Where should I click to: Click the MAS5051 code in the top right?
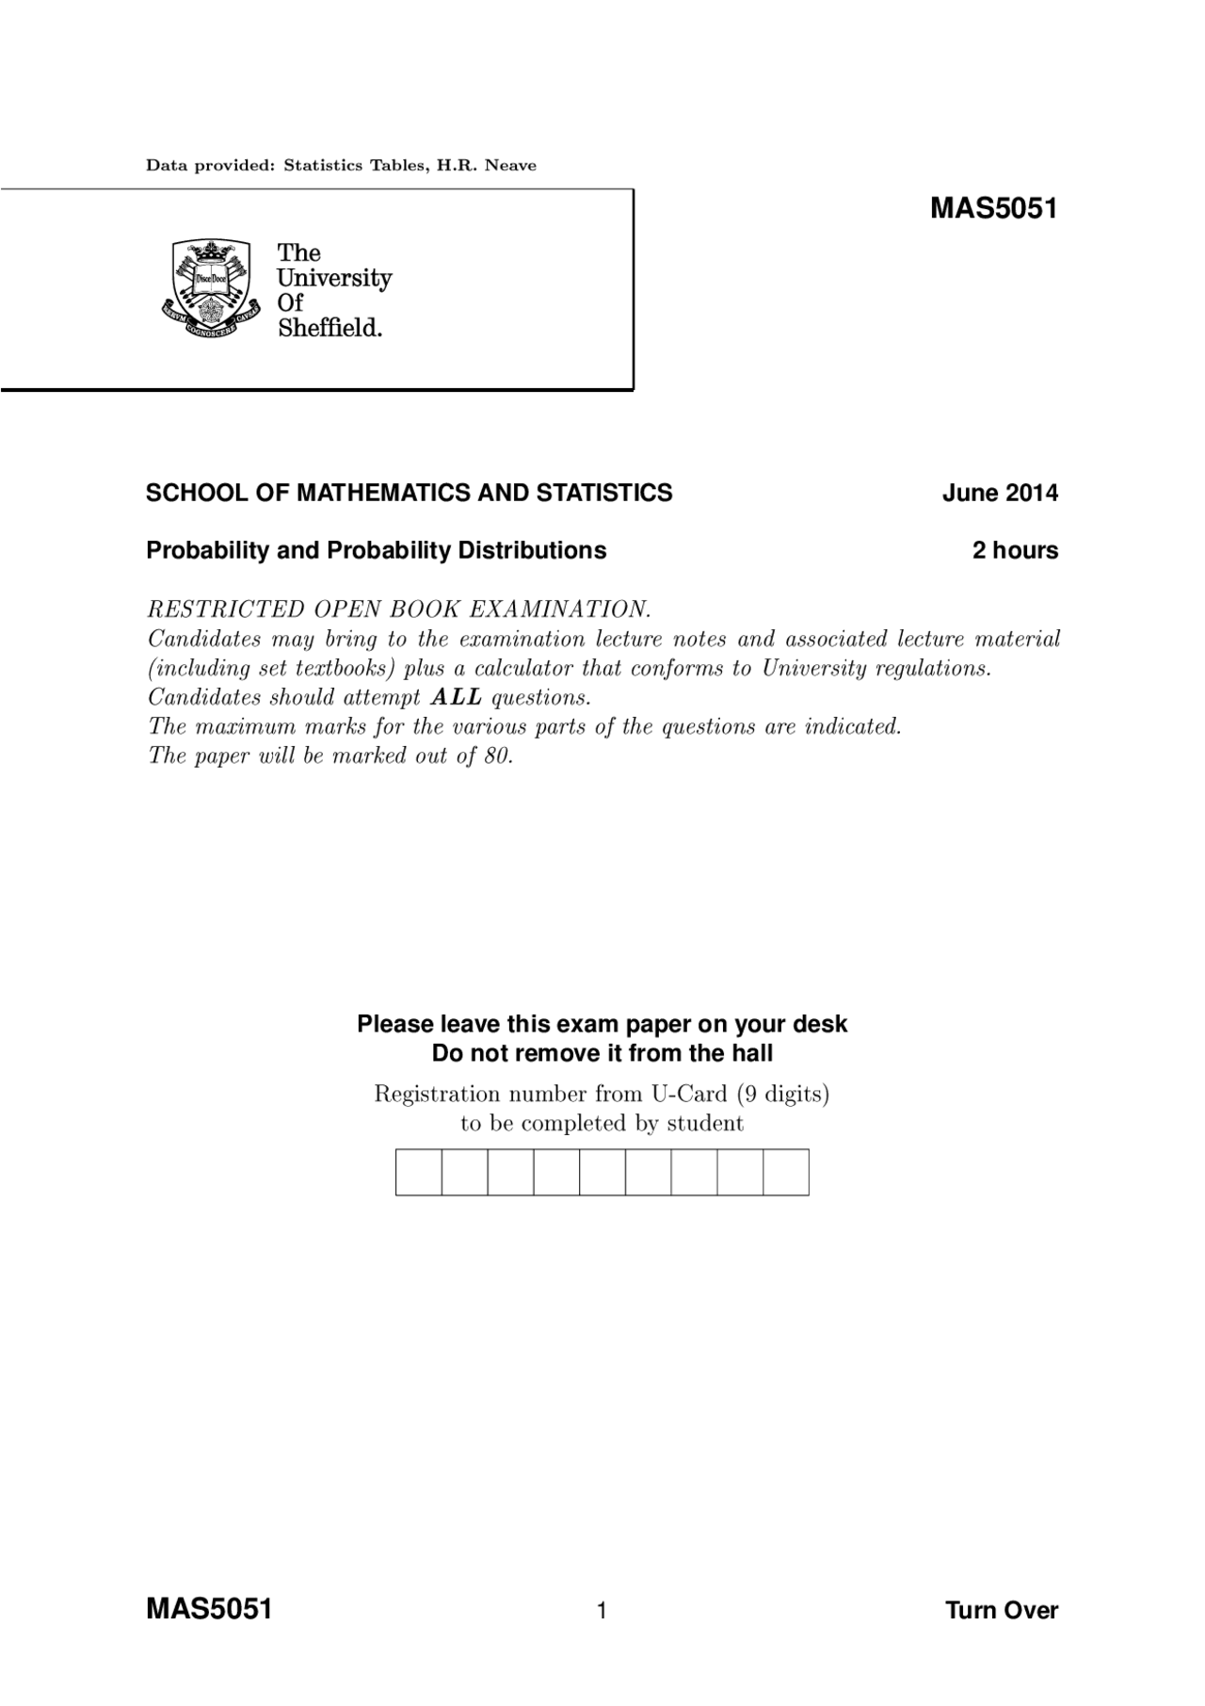click(993, 208)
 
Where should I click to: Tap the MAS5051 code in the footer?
click(209, 1608)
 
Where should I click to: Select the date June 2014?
click(1000, 493)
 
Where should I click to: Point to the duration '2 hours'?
click(1015, 550)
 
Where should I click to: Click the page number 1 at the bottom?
click(602, 1610)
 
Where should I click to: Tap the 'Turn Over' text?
click(1001, 1610)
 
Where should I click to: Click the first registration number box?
click(419, 1172)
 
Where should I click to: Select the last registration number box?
click(786, 1172)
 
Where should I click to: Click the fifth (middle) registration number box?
click(602, 1172)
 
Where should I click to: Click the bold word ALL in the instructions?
click(457, 698)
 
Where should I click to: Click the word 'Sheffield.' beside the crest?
click(329, 328)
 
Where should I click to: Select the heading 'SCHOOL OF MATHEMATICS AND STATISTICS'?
click(409, 493)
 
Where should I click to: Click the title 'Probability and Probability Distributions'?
click(376, 550)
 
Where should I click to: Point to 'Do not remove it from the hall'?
click(602, 1053)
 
